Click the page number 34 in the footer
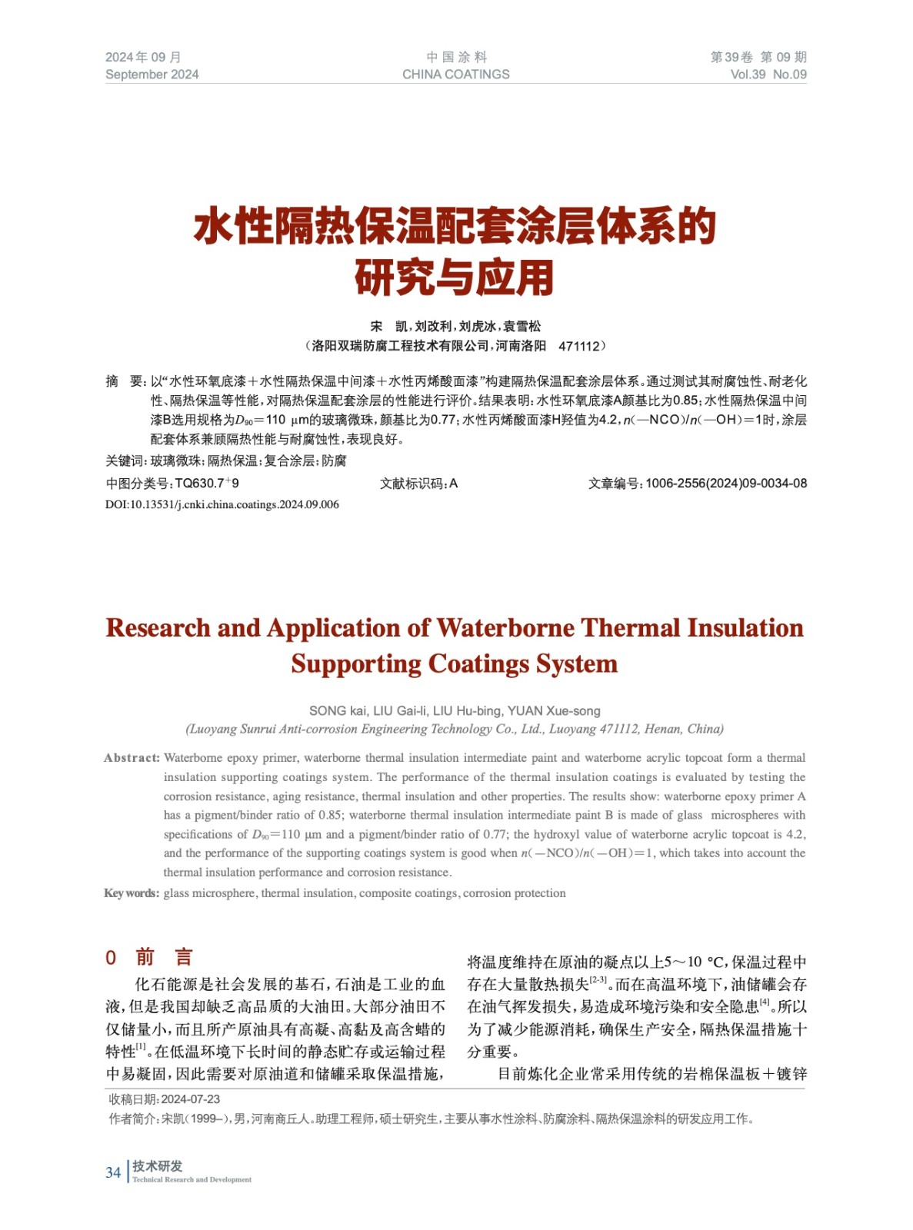(x=113, y=1172)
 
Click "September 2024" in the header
(x=152, y=75)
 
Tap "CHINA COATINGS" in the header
(x=455, y=75)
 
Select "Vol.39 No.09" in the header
(x=768, y=75)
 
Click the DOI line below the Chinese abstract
(x=222, y=505)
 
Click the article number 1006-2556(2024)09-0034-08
(x=725, y=484)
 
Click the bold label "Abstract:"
(x=132, y=758)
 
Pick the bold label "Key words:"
(x=132, y=893)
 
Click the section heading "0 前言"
(x=149, y=957)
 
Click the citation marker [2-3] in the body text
(x=598, y=980)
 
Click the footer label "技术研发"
(x=157, y=1166)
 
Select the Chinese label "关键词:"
(x=126, y=460)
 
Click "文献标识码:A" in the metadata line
(x=418, y=484)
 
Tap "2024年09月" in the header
(x=143, y=57)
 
